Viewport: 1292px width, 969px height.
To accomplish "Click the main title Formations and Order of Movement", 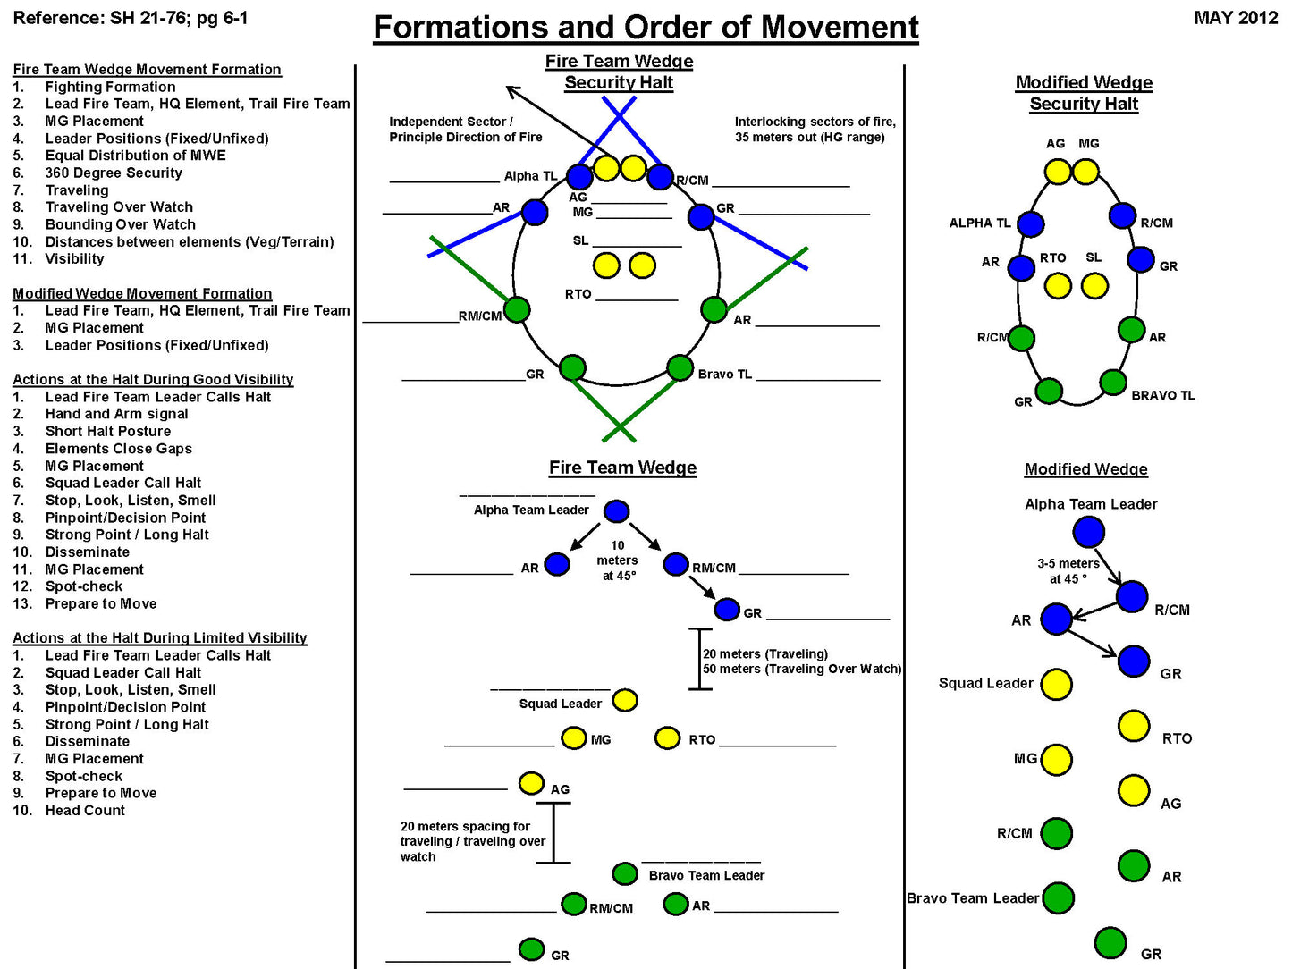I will (x=646, y=28).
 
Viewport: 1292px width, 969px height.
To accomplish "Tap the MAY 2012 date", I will (x=1235, y=18).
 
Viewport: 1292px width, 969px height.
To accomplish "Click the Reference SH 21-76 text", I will (x=131, y=18).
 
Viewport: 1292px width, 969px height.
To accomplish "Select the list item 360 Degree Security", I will (x=114, y=173).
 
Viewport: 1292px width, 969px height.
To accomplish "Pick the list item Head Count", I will (x=85, y=810).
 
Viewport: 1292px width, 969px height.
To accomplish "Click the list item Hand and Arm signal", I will (x=116, y=414).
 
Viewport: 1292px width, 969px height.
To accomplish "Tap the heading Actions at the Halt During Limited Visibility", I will (x=160, y=637).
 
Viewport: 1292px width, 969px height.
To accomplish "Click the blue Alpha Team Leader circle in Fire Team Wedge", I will (x=616, y=511).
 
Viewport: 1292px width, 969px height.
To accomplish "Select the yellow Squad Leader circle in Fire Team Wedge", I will (x=625, y=700).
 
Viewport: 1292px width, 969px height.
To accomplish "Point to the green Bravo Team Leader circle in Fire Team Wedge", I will (x=625, y=873).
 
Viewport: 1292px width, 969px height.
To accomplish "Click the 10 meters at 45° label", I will (x=618, y=560).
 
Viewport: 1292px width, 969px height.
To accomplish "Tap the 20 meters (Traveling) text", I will (x=765, y=653).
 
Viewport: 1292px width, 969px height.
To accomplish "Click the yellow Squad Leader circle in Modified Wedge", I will (x=1056, y=684).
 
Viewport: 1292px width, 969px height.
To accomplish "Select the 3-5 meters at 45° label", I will (x=1068, y=571).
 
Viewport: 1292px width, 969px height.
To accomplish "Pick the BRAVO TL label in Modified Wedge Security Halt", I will (x=1162, y=395).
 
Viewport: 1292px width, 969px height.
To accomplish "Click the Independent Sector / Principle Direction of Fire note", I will (x=465, y=129).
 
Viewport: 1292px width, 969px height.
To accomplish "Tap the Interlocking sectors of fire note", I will (x=815, y=129).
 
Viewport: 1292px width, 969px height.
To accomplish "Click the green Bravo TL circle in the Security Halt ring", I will (x=680, y=367).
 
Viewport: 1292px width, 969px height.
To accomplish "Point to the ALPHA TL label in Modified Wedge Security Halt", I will (x=980, y=223).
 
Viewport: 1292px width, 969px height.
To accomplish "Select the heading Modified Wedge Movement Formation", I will (x=142, y=293).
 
